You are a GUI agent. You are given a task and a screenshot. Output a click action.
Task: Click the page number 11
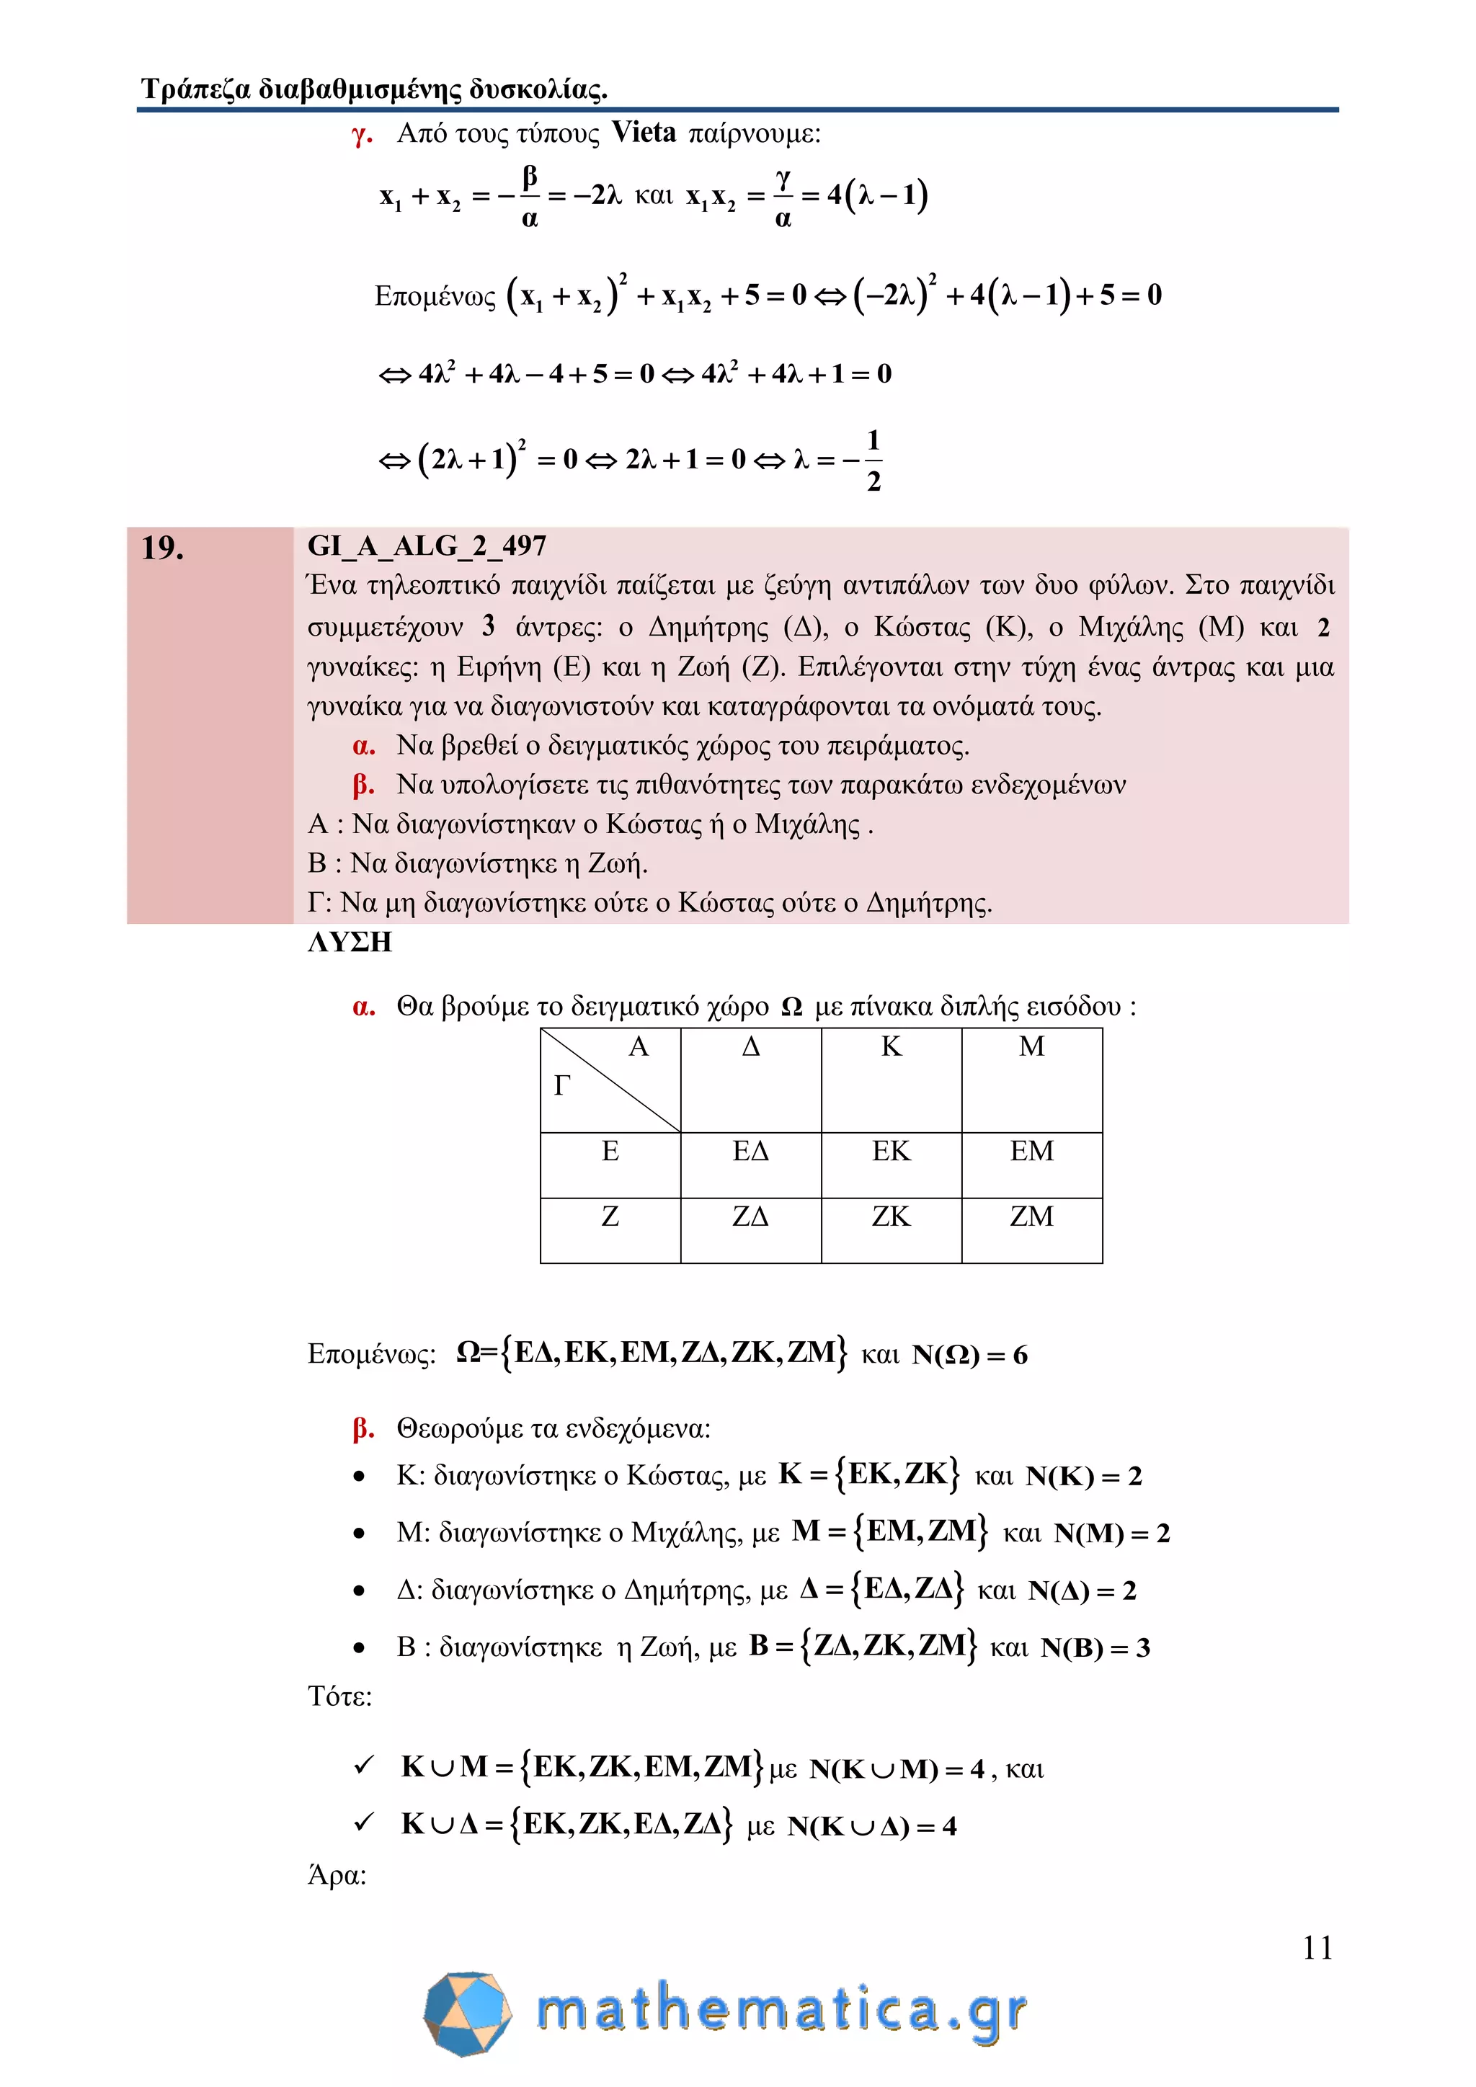[x=1317, y=1948]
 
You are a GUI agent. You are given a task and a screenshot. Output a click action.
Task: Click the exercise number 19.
[x=163, y=548]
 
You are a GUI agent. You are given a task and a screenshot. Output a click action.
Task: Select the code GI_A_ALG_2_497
[x=426, y=546]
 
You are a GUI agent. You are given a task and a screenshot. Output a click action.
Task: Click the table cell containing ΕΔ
[x=751, y=1152]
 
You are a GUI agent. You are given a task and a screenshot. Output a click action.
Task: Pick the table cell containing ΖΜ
[x=1031, y=1216]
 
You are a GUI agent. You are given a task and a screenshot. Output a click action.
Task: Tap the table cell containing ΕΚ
[x=891, y=1152]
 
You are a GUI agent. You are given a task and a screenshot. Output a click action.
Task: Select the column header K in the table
[x=891, y=1047]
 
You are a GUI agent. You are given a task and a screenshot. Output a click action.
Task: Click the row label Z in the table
[x=610, y=1216]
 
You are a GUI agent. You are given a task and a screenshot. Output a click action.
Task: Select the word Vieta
[x=644, y=133]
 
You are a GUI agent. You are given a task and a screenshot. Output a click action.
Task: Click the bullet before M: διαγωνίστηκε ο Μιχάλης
[x=359, y=1534]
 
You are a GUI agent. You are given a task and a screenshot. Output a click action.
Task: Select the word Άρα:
[x=337, y=1875]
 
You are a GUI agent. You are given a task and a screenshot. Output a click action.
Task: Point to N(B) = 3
[x=1094, y=1648]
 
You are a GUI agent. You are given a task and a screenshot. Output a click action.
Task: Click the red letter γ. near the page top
[x=362, y=135]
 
